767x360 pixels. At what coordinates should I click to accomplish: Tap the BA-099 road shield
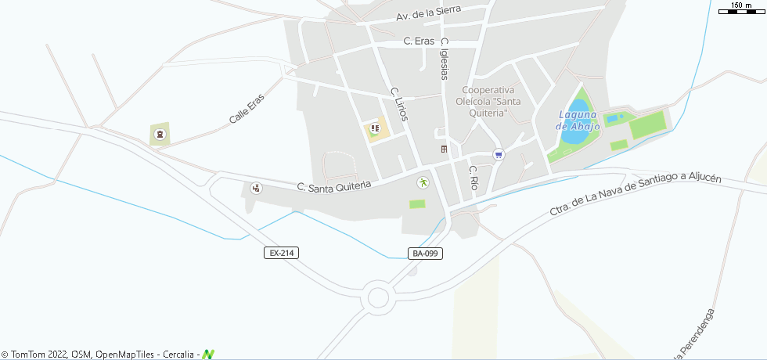(425, 253)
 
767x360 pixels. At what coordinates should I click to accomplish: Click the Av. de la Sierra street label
(428, 13)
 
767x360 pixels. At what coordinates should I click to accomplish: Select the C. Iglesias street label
(445, 59)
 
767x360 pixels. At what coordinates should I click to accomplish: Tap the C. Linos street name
(399, 103)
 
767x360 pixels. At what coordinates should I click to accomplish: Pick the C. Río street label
(473, 178)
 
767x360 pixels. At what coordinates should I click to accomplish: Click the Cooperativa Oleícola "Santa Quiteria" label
(492, 102)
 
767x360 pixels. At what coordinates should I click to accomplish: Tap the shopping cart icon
(498, 154)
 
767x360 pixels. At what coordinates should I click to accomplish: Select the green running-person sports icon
(423, 182)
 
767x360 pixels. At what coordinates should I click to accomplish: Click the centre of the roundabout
(379, 297)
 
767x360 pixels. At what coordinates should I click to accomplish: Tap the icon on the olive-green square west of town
(160, 135)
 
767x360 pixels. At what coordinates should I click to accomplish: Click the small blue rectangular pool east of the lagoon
(613, 118)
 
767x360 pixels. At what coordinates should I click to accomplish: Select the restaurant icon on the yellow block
(375, 128)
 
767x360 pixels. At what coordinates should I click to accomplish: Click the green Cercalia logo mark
(208, 355)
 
